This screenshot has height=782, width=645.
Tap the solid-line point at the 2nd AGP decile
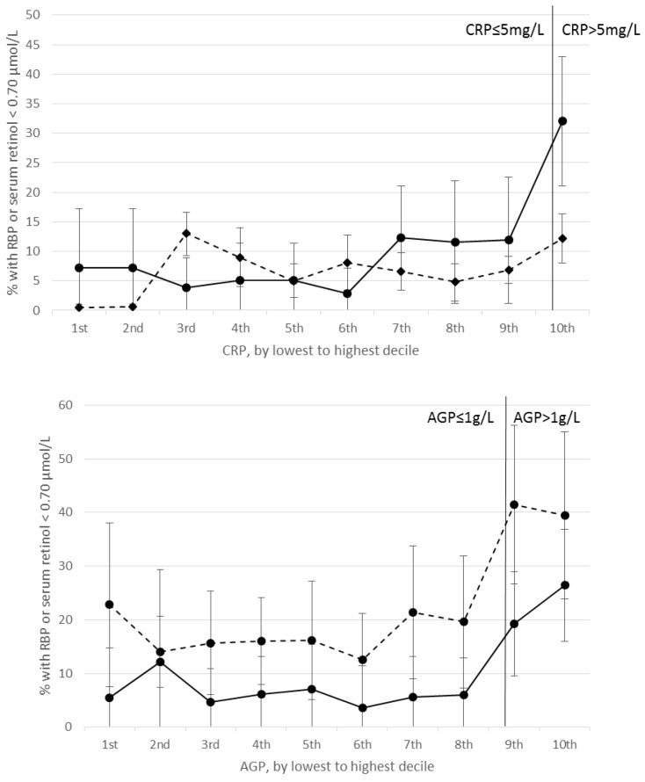point(160,662)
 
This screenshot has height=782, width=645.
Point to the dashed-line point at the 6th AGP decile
point(362,659)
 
